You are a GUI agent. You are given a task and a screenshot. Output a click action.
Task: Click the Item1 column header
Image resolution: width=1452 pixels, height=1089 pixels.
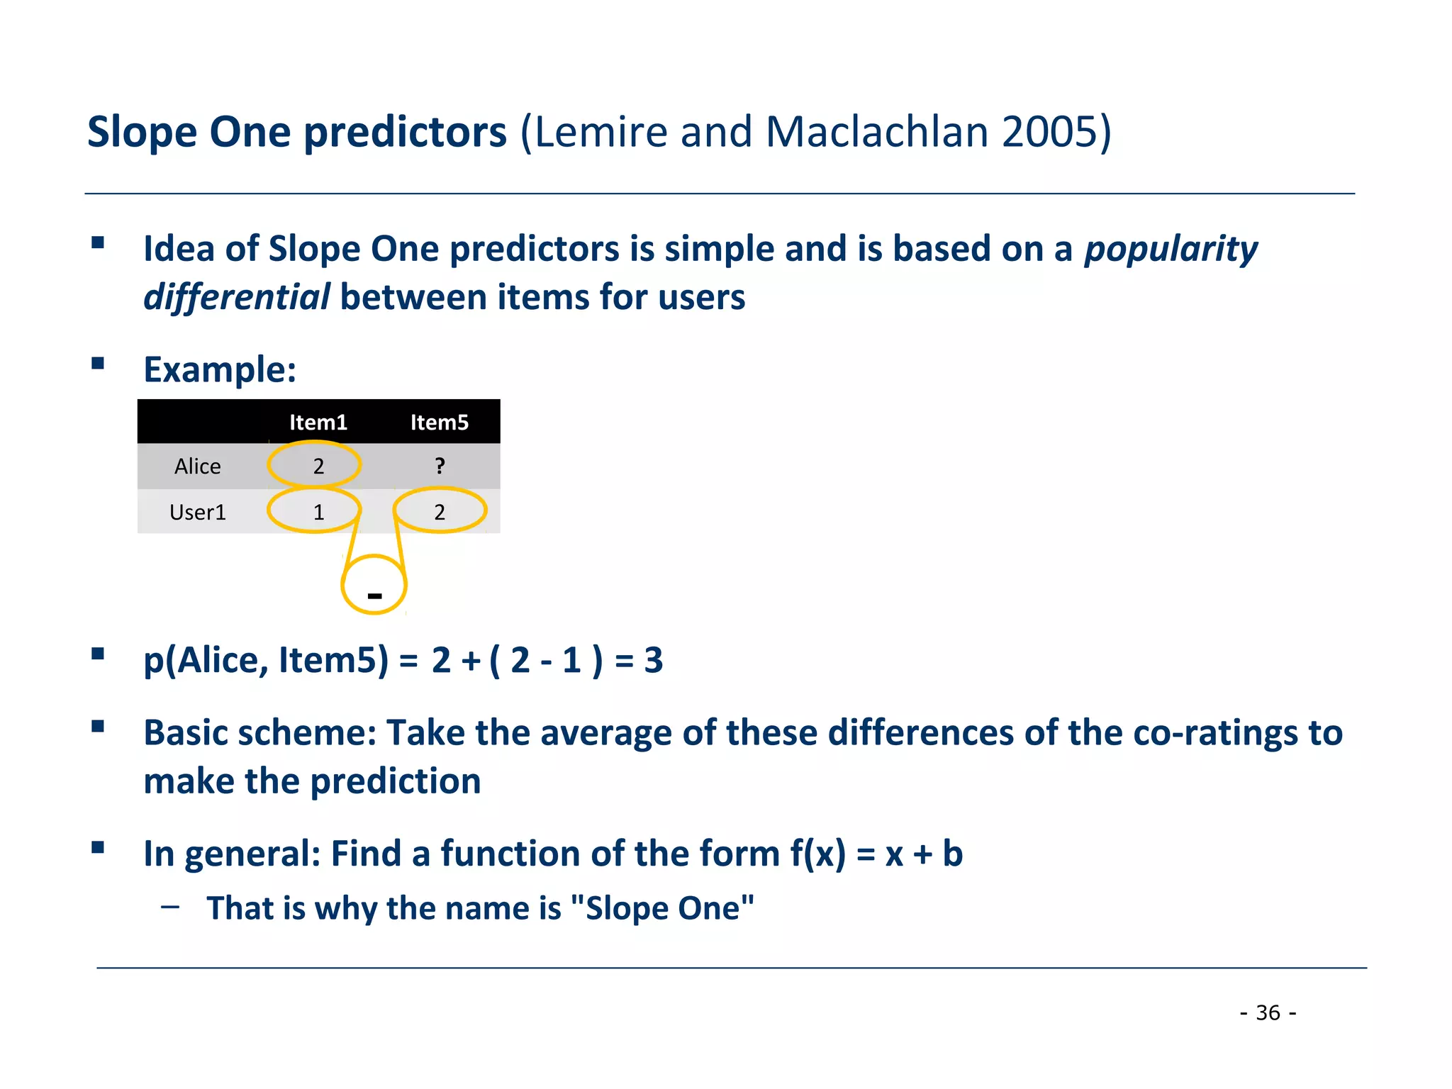318,423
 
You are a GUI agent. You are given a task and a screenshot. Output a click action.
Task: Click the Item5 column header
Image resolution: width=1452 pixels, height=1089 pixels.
440,423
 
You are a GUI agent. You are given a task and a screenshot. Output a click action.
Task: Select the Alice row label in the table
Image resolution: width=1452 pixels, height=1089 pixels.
198,467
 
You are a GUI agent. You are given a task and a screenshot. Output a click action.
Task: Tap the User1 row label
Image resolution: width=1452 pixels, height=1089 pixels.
198,512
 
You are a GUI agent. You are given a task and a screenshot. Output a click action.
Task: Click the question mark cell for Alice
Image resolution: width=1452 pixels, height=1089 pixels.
440,467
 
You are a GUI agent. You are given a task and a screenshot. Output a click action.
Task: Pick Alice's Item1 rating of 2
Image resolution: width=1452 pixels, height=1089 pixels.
318,467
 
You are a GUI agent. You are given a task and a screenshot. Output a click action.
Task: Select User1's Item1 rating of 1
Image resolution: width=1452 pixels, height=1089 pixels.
318,512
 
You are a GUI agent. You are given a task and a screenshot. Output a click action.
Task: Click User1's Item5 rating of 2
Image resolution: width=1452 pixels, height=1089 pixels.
440,512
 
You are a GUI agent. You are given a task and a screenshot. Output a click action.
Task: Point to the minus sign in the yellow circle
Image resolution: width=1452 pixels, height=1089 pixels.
375,596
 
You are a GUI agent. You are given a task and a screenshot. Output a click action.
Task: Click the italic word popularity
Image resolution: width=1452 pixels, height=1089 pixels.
1171,250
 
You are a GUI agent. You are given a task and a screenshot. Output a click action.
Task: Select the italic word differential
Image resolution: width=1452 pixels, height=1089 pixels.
236,297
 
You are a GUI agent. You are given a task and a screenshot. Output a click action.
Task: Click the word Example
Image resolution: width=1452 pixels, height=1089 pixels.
220,370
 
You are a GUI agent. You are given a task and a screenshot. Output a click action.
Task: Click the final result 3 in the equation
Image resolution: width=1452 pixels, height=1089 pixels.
653,660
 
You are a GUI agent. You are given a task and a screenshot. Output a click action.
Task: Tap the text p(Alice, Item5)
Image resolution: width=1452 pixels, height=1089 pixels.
266,661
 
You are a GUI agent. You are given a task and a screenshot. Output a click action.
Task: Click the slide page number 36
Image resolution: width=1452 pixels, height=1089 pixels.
1268,1012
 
